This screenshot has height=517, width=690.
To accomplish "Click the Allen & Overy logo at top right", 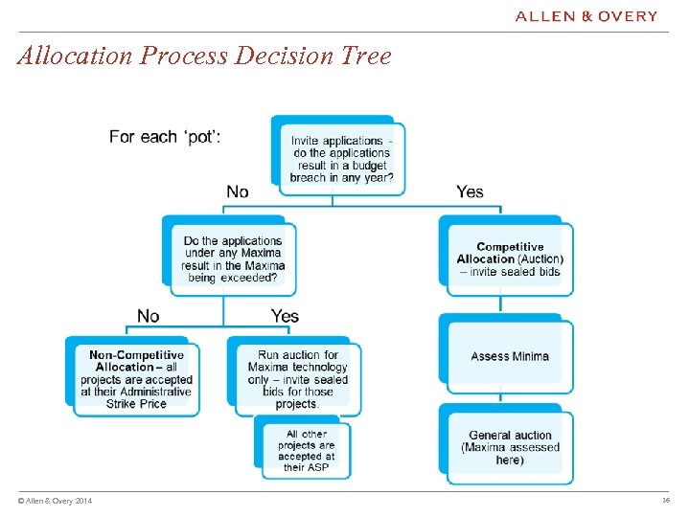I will [x=586, y=16].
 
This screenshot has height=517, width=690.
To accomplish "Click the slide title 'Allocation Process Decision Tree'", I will [x=204, y=56].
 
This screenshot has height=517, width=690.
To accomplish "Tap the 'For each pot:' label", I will [x=165, y=137].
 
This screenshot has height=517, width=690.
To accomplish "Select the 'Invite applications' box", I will [x=341, y=158].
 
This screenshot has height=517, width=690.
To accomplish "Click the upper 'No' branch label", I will [x=238, y=191].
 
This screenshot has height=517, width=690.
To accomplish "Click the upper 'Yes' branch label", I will [x=470, y=191].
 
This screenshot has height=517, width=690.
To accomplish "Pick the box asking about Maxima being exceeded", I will [x=233, y=259].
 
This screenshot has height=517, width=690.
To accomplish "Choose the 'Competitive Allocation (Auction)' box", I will [x=510, y=258].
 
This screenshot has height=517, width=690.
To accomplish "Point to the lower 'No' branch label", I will [x=149, y=316].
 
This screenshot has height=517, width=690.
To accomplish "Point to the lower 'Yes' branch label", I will [x=285, y=316].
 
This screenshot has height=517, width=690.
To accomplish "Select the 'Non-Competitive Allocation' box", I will [x=136, y=379].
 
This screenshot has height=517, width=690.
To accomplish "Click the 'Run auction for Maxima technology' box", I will [x=297, y=379].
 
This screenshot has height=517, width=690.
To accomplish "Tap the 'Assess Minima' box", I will [x=510, y=356].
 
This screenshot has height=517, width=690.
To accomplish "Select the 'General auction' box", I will [x=510, y=447].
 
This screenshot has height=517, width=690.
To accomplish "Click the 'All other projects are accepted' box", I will [x=307, y=450].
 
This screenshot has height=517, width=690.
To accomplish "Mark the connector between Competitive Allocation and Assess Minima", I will [x=500, y=304].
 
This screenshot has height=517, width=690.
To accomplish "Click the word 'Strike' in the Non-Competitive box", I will [x=123, y=403].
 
